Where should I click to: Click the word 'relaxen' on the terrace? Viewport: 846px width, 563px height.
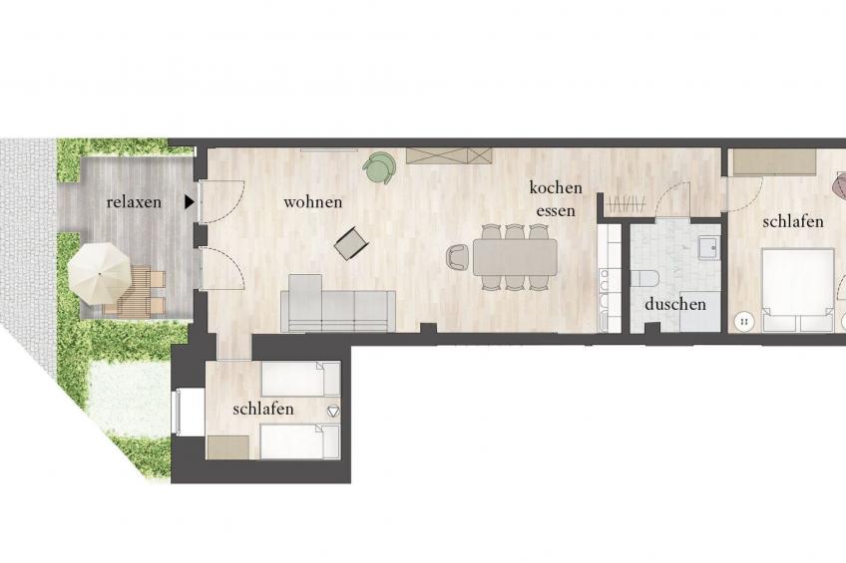[x=134, y=202]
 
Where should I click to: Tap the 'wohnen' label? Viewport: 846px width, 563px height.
[x=312, y=202]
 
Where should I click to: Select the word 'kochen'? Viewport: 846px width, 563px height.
[x=554, y=187]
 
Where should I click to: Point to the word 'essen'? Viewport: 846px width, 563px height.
[x=555, y=210]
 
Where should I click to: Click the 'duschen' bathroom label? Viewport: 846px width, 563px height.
[x=675, y=304]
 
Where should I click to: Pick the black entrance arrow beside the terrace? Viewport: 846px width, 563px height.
[x=190, y=202]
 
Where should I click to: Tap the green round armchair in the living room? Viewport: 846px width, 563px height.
[x=379, y=169]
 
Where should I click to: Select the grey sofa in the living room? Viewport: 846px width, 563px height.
[x=337, y=309]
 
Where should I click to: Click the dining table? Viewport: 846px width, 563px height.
[x=515, y=256]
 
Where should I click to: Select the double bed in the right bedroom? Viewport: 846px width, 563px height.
[x=797, y=289]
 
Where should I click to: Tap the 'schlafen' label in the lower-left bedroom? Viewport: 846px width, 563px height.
[x=263, y=409]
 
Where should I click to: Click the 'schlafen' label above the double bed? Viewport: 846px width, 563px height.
[x=793, y=221]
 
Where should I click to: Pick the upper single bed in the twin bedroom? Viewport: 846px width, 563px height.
[x=299, y=379]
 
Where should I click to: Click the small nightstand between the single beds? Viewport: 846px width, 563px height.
[x=333, y=411]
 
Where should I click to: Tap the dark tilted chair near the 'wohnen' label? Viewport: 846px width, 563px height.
[x=351, y=243]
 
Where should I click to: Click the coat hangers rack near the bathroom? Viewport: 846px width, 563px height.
[x=626, y=203]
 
